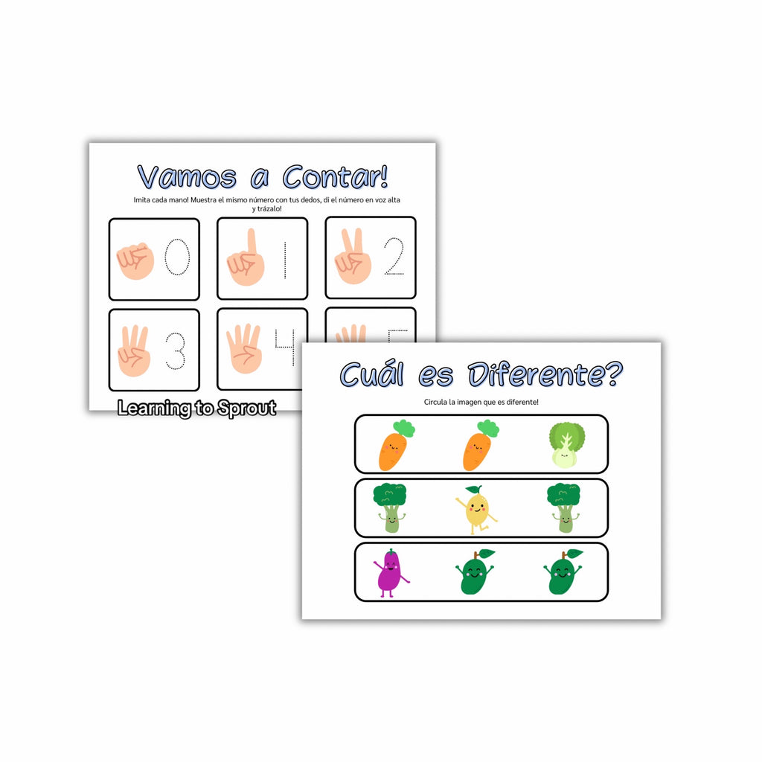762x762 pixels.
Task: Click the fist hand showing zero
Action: tap(135, 261)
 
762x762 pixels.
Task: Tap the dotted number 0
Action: tap(177, 257)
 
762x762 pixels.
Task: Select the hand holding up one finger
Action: tap(246, 257)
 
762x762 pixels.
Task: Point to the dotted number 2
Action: tap(394, 256)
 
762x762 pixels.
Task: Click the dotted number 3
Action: tap(176, 350)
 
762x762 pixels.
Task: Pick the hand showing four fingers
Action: tap(244, 348)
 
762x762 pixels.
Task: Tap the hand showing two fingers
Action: tap(353, 256)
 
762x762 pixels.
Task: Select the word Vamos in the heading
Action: tap(187, 176)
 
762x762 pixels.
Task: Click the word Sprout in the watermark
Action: tap(247, 409)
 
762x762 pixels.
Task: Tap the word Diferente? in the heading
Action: tap(545, 374)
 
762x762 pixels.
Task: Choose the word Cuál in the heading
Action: tap(372, 374)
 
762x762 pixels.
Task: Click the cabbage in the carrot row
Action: tap(566, 445)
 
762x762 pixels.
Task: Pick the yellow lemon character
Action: tap(476, 510)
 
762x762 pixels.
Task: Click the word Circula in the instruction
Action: tap(435, 402)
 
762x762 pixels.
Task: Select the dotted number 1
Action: tap(285, 260)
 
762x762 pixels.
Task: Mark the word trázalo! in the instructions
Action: tap(269, 208)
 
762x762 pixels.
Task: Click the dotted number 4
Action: tap(285, 347)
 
